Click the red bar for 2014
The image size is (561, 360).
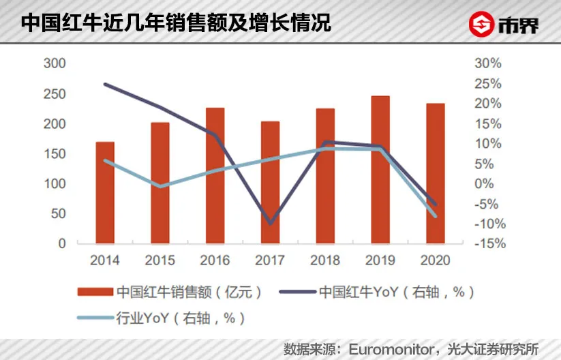105,192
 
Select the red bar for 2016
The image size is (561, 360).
215,175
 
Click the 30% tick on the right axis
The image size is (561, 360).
487,63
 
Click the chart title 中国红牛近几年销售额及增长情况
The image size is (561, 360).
176,22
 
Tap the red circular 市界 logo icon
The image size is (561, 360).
481,25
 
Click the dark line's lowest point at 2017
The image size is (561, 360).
271,223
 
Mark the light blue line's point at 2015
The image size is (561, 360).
160,185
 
